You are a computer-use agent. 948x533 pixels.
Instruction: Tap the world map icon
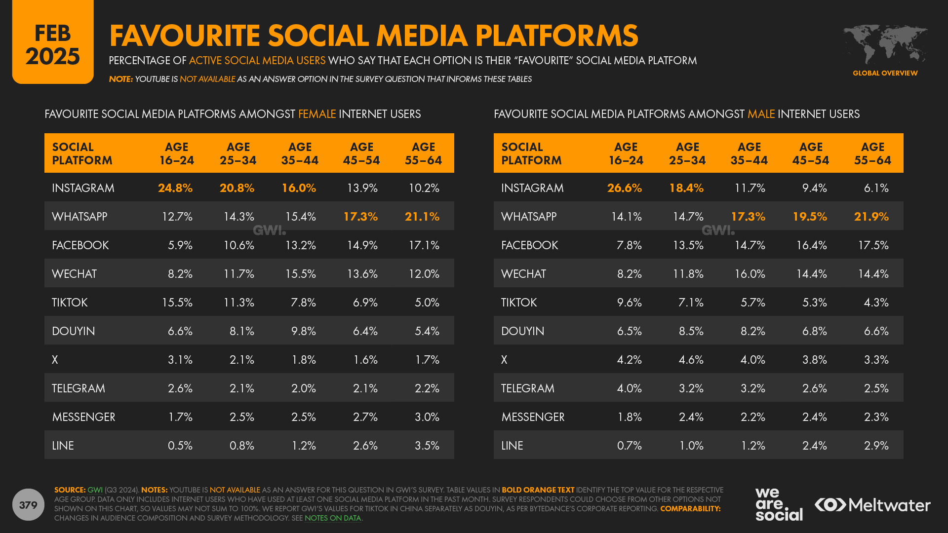coord(885,44)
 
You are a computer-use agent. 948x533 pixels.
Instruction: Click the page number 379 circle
coord(28,504)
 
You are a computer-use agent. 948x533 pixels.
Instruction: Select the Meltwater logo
coord(872,505)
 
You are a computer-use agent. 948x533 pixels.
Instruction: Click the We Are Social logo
coord(778,504)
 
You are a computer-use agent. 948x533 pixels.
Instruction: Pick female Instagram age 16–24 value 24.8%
coord(175,188)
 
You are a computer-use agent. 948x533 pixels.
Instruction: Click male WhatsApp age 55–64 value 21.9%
coord(871,217)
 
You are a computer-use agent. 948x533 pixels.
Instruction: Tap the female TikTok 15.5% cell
coord(177,303)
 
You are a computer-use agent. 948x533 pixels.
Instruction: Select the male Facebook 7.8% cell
coord(629,245)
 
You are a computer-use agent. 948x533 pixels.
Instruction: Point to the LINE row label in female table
coord(63,446)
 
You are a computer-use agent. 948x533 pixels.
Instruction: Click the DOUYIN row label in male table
coord(522,331)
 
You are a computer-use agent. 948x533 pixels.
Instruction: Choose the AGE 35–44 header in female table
coord(300,153)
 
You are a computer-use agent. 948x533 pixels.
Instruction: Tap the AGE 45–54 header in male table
coord(811,153)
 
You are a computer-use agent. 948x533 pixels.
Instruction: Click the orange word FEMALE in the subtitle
coord(317,114)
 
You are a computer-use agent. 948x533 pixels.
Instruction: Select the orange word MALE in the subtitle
coord(761,114)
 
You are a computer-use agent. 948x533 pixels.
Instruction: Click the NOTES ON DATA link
coord(333,518)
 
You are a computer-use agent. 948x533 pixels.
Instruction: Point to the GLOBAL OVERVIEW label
coord(885,73)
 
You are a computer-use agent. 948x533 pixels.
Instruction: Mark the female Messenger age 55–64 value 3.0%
coord(427,417)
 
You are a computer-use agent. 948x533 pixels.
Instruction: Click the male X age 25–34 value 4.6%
coord(691,360)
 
